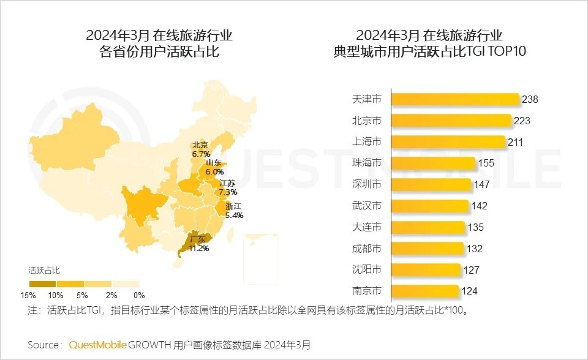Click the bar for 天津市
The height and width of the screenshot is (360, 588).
tap(454, 99)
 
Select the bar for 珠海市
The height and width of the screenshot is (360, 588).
tap(433, 163)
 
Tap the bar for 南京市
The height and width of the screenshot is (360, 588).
tap(424, 291)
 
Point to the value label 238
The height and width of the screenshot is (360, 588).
tap(530, 99)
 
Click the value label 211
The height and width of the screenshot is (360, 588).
tap(515, 142)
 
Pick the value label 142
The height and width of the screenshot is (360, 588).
tap(480, 206)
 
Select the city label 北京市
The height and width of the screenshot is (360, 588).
tap(367, 121)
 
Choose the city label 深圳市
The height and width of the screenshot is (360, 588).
tap(367, 184)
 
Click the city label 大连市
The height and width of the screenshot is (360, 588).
tap(367, 227)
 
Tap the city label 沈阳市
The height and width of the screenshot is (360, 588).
tap(367, 269)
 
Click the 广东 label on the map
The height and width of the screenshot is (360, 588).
tap(198, 239)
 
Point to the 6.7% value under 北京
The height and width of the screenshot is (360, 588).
tap(201, 154)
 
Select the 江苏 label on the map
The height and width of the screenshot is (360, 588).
tap(227, 183)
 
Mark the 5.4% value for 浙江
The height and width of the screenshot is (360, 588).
tap(234, 216)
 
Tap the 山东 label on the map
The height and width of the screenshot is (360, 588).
tap(214, 163)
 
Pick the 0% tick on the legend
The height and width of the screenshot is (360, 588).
tap(139, 295)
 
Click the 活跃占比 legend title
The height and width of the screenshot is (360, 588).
tap(45, 269)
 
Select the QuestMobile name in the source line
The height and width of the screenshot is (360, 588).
tap(98, 345)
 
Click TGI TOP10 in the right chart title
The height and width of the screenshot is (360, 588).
tap(497, 52)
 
